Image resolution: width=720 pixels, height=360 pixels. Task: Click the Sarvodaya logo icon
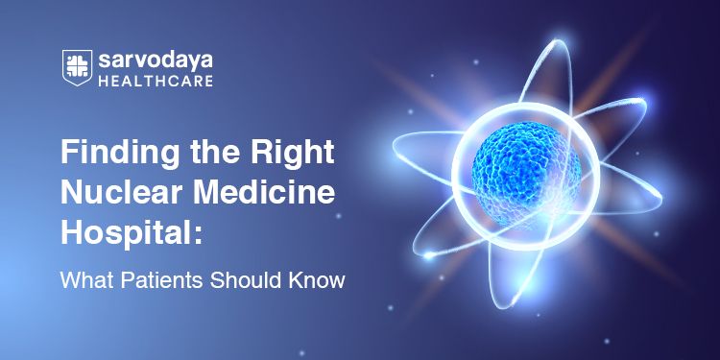(77, 67)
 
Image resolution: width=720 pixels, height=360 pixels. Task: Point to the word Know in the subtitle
(315, 282)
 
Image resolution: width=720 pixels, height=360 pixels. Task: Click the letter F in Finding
(68, 155)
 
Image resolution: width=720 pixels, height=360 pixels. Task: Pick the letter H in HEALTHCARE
(103, 81)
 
